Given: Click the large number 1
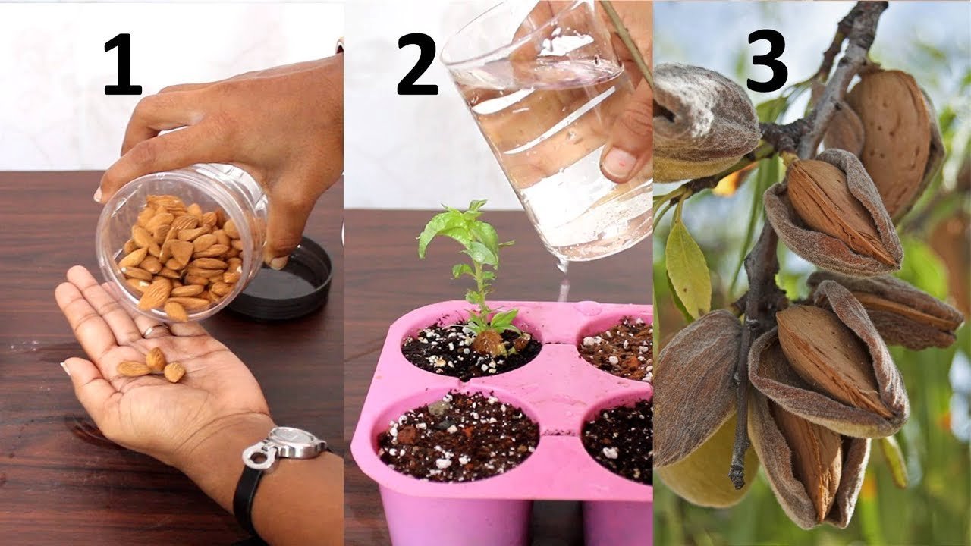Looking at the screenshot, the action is tap(124, 64).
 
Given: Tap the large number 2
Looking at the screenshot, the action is tap(417, 64).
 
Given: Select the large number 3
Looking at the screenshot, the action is tap(767, 61).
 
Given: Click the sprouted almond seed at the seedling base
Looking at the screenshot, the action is tap(489, 342).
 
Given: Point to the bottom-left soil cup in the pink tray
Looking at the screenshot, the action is tap(458, 435).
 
